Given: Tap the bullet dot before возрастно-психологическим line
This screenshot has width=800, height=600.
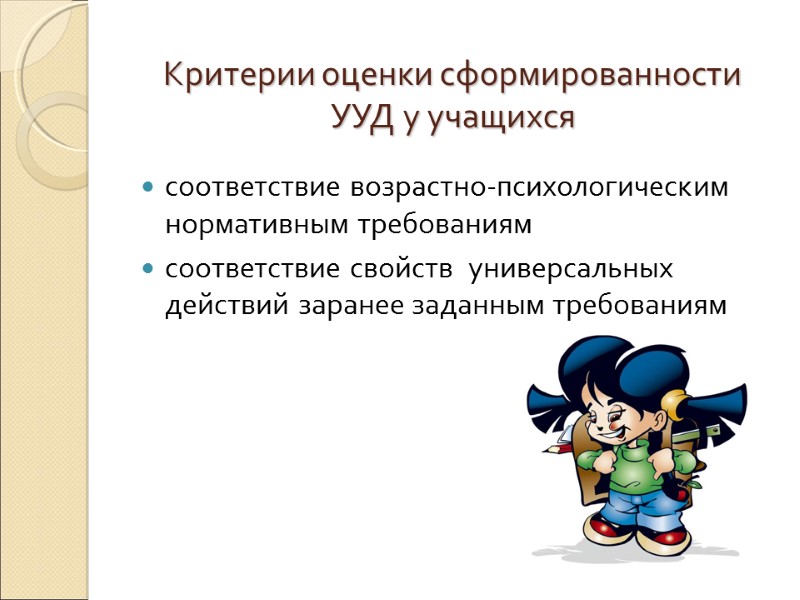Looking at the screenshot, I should [x=148, y=187].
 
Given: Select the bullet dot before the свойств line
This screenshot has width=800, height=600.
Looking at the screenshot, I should [x=148, y=269].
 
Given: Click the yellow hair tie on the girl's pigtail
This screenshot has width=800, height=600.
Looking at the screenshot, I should [x=672, y=402].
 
